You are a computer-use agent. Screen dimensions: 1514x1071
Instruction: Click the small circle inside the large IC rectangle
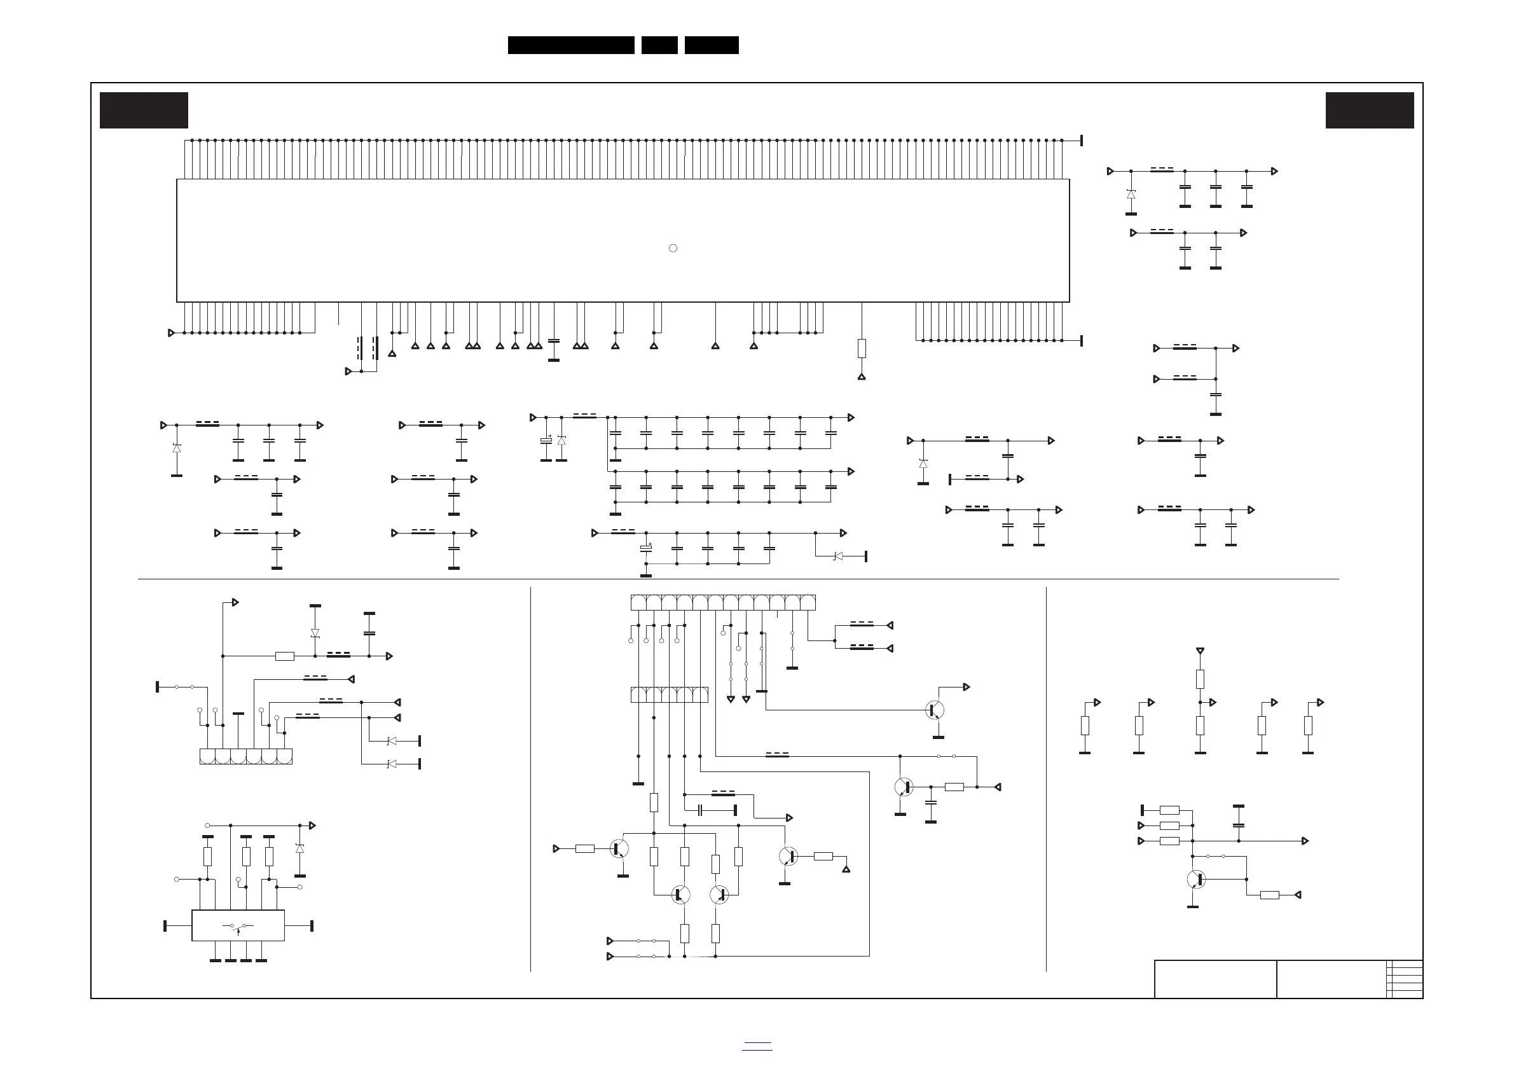(x=673, y=248)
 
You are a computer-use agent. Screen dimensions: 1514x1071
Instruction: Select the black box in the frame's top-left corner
(x=144, y=110)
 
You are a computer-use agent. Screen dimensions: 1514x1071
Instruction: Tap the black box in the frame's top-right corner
(x=1370, y=110)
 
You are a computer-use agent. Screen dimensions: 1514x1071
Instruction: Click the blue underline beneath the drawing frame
(x=756, y=1049)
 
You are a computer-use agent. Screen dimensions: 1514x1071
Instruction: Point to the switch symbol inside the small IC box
(x=238, y=927)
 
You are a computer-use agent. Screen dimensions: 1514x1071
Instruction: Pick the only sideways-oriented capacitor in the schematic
(x=700, y=810)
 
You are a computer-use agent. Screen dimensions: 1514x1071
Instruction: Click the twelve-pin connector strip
(x=723, y=603)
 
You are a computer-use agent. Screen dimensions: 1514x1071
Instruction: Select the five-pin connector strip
(x=670, y=694)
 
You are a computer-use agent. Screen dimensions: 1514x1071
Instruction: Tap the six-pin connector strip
(x=246, y=756)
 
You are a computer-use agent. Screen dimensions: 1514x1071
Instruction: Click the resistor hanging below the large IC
(x=861, y=349)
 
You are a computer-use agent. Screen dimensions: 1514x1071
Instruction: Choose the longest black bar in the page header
(x=571, y=45)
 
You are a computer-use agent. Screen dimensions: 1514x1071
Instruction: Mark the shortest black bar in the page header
(x=659, y=45)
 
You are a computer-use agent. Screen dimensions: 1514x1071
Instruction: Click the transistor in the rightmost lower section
(x=1195, y=879)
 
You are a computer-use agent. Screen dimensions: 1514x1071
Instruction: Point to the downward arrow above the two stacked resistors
(x=1200, y=651)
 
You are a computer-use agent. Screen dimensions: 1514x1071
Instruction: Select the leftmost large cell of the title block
(x=1215, y=979)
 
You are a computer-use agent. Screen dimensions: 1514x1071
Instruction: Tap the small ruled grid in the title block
(x=1405, y=979)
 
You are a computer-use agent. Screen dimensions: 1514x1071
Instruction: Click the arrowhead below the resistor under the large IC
(x=861, y=377)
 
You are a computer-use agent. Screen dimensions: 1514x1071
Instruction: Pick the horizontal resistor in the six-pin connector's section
(x=284, y=656)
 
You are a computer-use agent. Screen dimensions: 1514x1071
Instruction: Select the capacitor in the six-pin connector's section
(x=369, y=633)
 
